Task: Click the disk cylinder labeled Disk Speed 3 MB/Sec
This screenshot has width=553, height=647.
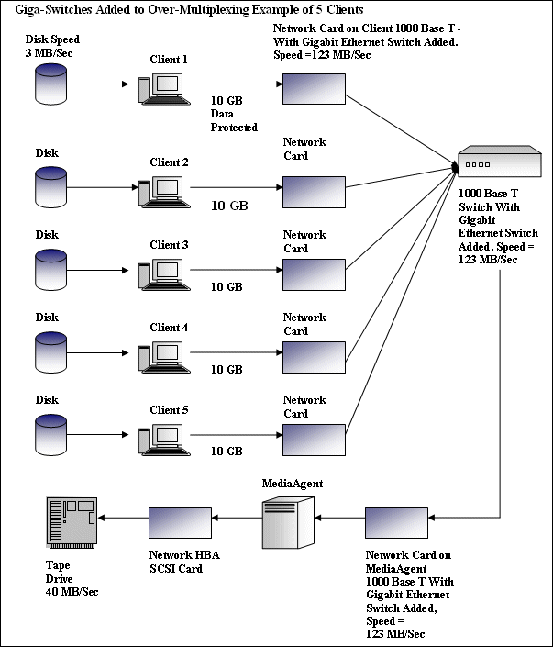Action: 50,84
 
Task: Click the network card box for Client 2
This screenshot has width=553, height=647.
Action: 313,190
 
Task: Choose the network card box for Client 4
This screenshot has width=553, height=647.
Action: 313,355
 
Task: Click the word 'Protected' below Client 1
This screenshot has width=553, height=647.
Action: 234,128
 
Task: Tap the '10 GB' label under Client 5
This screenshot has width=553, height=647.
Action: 227,452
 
